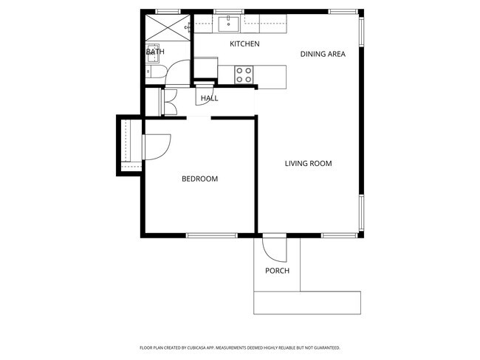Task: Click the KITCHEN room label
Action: click(x=244, y=44)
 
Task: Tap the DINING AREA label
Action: click(x=323, y=54)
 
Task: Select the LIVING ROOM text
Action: click(x=308, y=164)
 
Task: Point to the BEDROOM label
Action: click(x=199, y=179)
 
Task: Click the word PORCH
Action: click(x=277, y=271)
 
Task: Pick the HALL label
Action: click(x=210, y=98)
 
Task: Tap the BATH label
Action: click(x=155, y=52)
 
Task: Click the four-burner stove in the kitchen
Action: click(x=244, y=74)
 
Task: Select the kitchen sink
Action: click(x=229, y=25)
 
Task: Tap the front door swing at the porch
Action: click(x=275, y=248)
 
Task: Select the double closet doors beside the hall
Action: click(x=168, y=102)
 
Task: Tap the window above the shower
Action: click(x=168, y=11)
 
